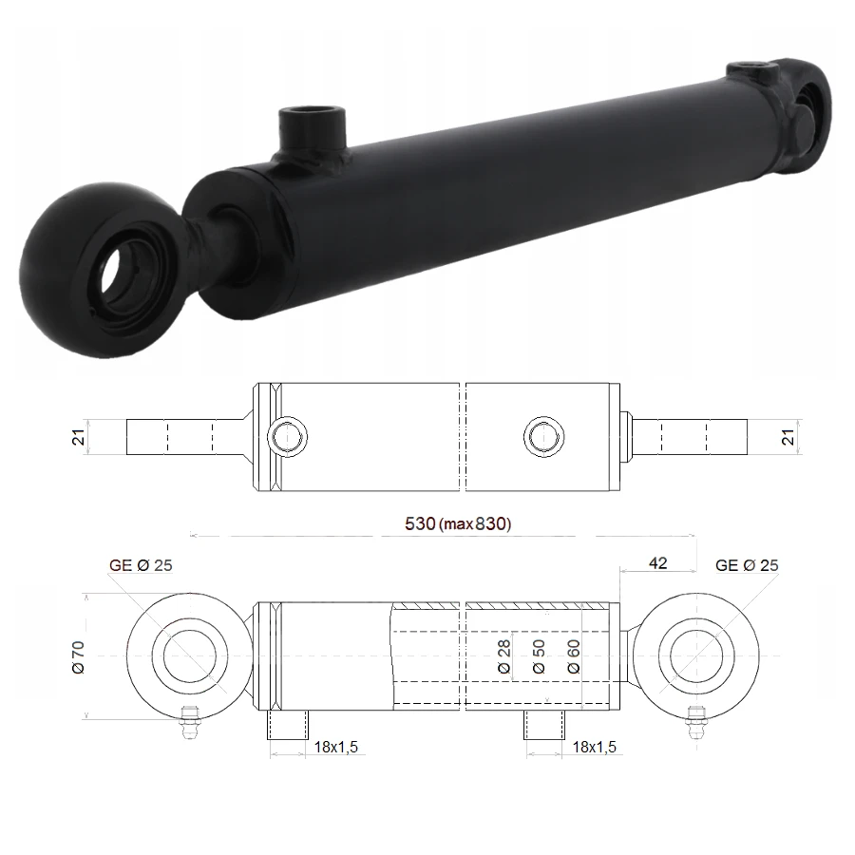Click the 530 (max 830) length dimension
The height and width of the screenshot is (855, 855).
(458, 524)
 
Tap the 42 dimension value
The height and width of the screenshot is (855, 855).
(658, 563)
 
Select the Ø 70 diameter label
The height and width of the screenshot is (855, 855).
(79, 657)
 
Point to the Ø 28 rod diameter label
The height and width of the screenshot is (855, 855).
(504, 656)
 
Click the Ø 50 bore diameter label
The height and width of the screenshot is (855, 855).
(539, 656)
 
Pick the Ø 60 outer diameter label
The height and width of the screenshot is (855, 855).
(574, 656)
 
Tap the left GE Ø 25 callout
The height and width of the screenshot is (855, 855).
(141, 565)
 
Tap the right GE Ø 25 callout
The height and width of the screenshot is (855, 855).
(747, 565)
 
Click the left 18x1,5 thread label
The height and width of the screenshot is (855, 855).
(336, 747)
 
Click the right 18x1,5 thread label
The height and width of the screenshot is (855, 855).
(595, 747)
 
